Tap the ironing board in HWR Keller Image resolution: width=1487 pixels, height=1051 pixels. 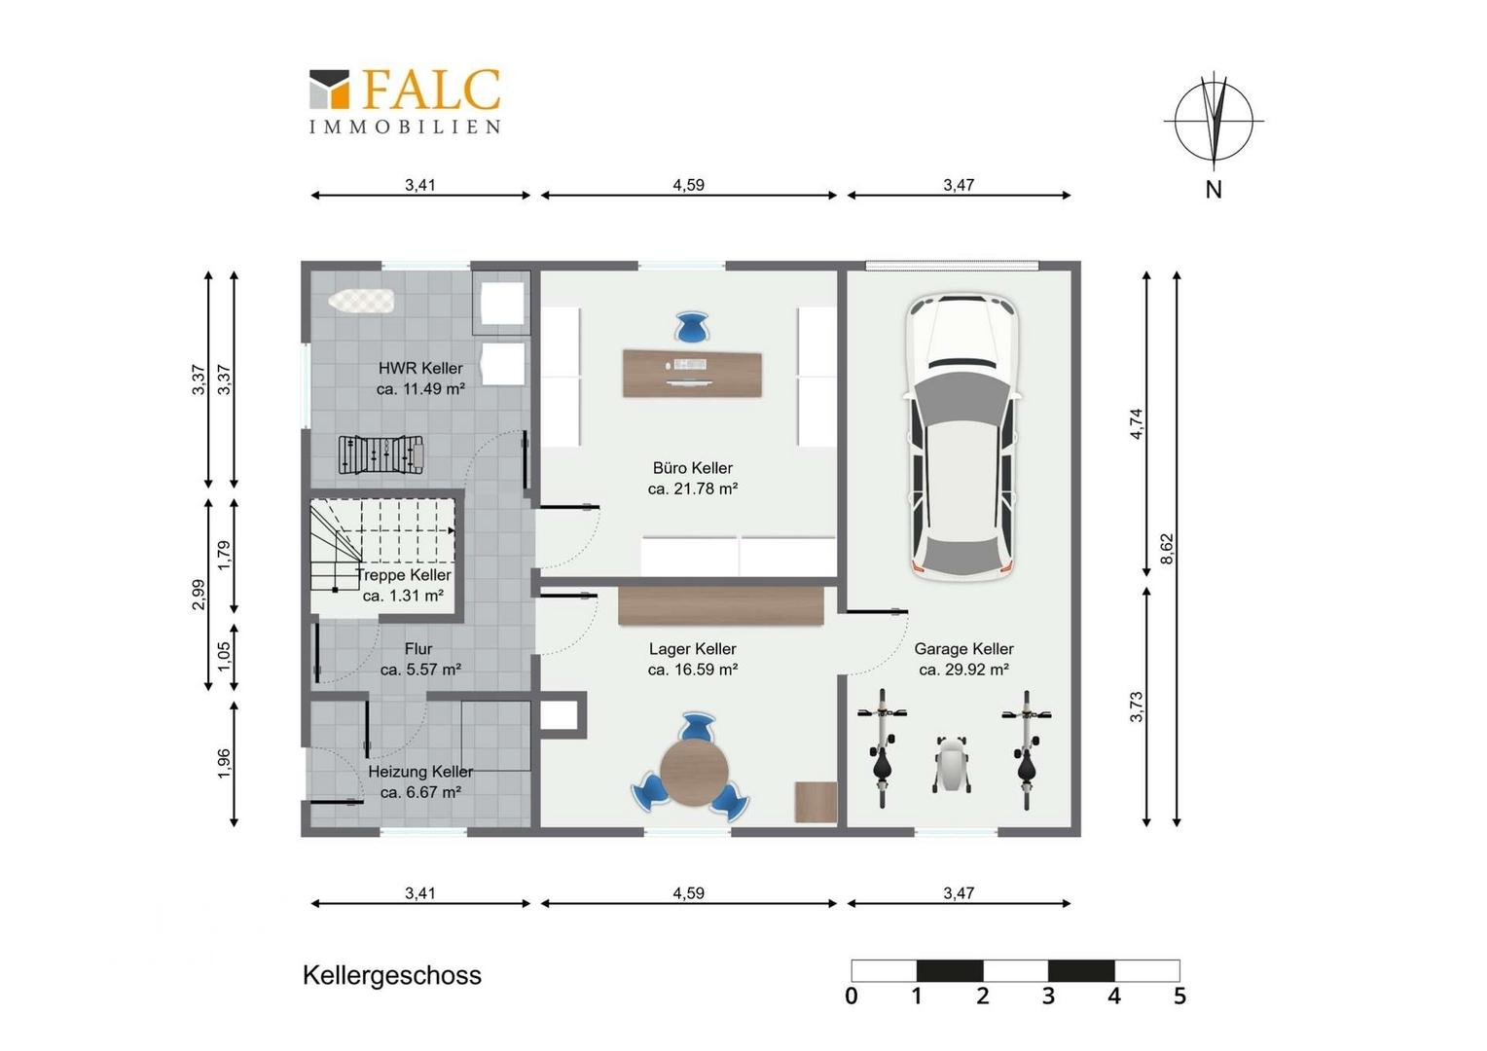pos(361,302)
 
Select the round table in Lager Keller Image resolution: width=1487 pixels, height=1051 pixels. pos(695,773)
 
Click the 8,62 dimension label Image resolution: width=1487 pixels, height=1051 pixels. pos(1167,549)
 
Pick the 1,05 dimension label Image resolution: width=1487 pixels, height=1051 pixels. pos(224,656)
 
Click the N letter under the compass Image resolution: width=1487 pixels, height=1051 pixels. pos(1214,190)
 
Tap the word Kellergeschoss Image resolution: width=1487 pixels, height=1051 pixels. pos(391,975)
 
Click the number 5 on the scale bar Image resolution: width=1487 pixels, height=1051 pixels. pos(1179,996)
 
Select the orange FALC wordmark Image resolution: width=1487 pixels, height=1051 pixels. pos(432,89)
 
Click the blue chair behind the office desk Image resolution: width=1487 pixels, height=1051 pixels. pos(691,327)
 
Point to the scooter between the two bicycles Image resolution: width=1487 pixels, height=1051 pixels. pos(953,764)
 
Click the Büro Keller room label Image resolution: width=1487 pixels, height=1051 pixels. pos(692,468)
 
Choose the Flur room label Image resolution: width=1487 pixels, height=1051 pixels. pos(418,649)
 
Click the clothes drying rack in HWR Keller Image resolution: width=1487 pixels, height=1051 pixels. pos(381,454)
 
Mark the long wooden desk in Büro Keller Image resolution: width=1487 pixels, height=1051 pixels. pos(692,374)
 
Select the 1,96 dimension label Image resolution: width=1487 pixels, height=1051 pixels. pos(224,764)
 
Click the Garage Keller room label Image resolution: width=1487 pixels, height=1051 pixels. pos(963,649)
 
